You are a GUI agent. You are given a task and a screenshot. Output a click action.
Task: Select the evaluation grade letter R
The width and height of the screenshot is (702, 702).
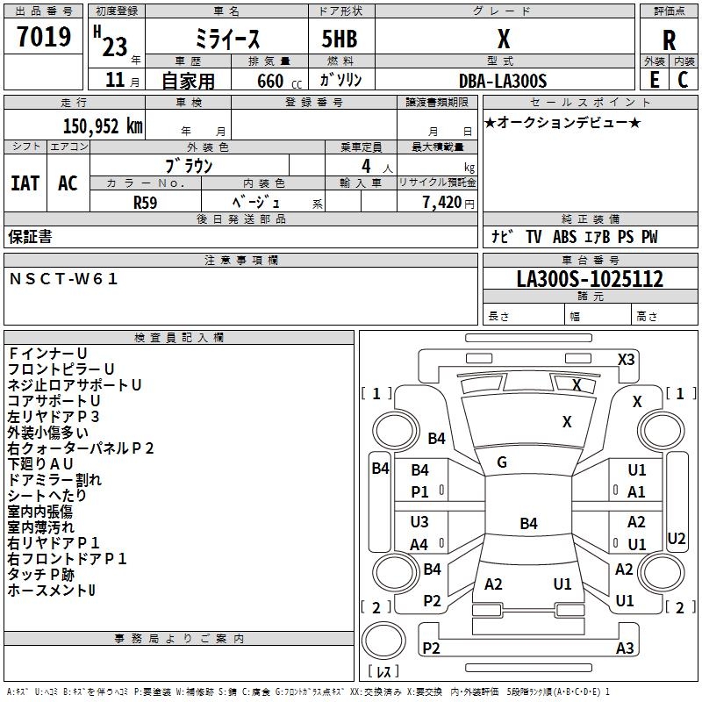coord(669,39)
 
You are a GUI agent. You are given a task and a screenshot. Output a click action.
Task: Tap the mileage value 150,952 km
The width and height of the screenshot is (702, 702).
coord(103,125)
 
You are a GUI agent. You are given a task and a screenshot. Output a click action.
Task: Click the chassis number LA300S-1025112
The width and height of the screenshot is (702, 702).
coord(590,279)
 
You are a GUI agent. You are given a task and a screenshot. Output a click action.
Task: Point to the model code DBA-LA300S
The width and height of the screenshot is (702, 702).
coord(503,81)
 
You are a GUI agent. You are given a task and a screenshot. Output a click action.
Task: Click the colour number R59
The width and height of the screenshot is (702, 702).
coord(146,202)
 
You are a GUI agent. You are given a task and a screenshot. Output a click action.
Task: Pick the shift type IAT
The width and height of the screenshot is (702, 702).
coord(25,183)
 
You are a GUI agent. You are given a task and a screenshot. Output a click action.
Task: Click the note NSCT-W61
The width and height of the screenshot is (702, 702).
coord(63,279)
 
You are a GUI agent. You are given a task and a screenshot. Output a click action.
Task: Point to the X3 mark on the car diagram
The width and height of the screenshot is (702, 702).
coord(626,359)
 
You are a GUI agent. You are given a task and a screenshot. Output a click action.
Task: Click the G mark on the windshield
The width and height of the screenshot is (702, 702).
coord(502,462)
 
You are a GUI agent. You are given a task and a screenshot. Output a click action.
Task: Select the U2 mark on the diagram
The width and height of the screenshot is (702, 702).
coord(677,538)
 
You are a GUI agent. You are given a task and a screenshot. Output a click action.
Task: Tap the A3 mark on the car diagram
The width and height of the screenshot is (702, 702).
coord(625,648)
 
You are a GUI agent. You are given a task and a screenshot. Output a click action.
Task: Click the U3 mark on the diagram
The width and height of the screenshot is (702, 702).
coord(419,522)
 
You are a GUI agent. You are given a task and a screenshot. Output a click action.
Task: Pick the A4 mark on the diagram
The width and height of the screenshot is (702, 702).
coord(419,544)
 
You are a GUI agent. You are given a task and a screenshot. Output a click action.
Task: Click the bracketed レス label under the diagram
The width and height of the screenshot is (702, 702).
coord(383,672)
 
